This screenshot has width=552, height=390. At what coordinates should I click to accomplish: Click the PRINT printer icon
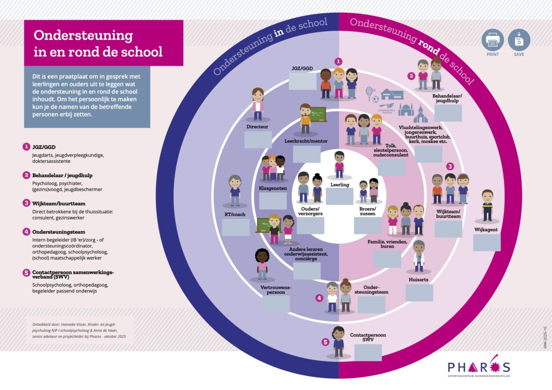(x=492, y=40)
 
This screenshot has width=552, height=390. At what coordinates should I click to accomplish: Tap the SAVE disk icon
(x=519, y=40)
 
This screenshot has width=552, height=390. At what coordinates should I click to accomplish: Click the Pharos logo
(x=479, y=367)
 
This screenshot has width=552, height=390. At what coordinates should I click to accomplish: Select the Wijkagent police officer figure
(x=487, y=206)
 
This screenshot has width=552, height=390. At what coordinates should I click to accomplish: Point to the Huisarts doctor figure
(x=419, y=256)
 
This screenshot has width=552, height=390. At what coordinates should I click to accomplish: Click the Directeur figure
(x=257, y=104)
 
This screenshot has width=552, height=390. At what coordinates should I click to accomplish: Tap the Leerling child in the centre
(x=339, y=165)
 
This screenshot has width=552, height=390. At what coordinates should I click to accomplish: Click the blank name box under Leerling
(x=339, y=197)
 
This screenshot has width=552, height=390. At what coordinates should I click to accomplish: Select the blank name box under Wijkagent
(x=486, y=243)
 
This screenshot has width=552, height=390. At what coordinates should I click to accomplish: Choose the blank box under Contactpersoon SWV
(x=368, y=353)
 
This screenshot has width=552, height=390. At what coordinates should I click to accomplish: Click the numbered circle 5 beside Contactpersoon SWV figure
(x=326, y=342)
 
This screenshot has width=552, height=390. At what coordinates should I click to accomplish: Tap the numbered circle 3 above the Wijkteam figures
(x=450, y=166)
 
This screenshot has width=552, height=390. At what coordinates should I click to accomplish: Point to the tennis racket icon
(x=370, y=93)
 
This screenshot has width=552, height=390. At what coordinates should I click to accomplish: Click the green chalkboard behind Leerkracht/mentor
(x=318, y=115)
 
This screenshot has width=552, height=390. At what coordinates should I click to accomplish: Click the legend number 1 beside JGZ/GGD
(x=27, y=147)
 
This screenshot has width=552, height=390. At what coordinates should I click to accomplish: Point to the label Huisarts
(x=419, y=280)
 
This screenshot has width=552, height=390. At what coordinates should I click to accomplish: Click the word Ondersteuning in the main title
(x=83, y=35)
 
